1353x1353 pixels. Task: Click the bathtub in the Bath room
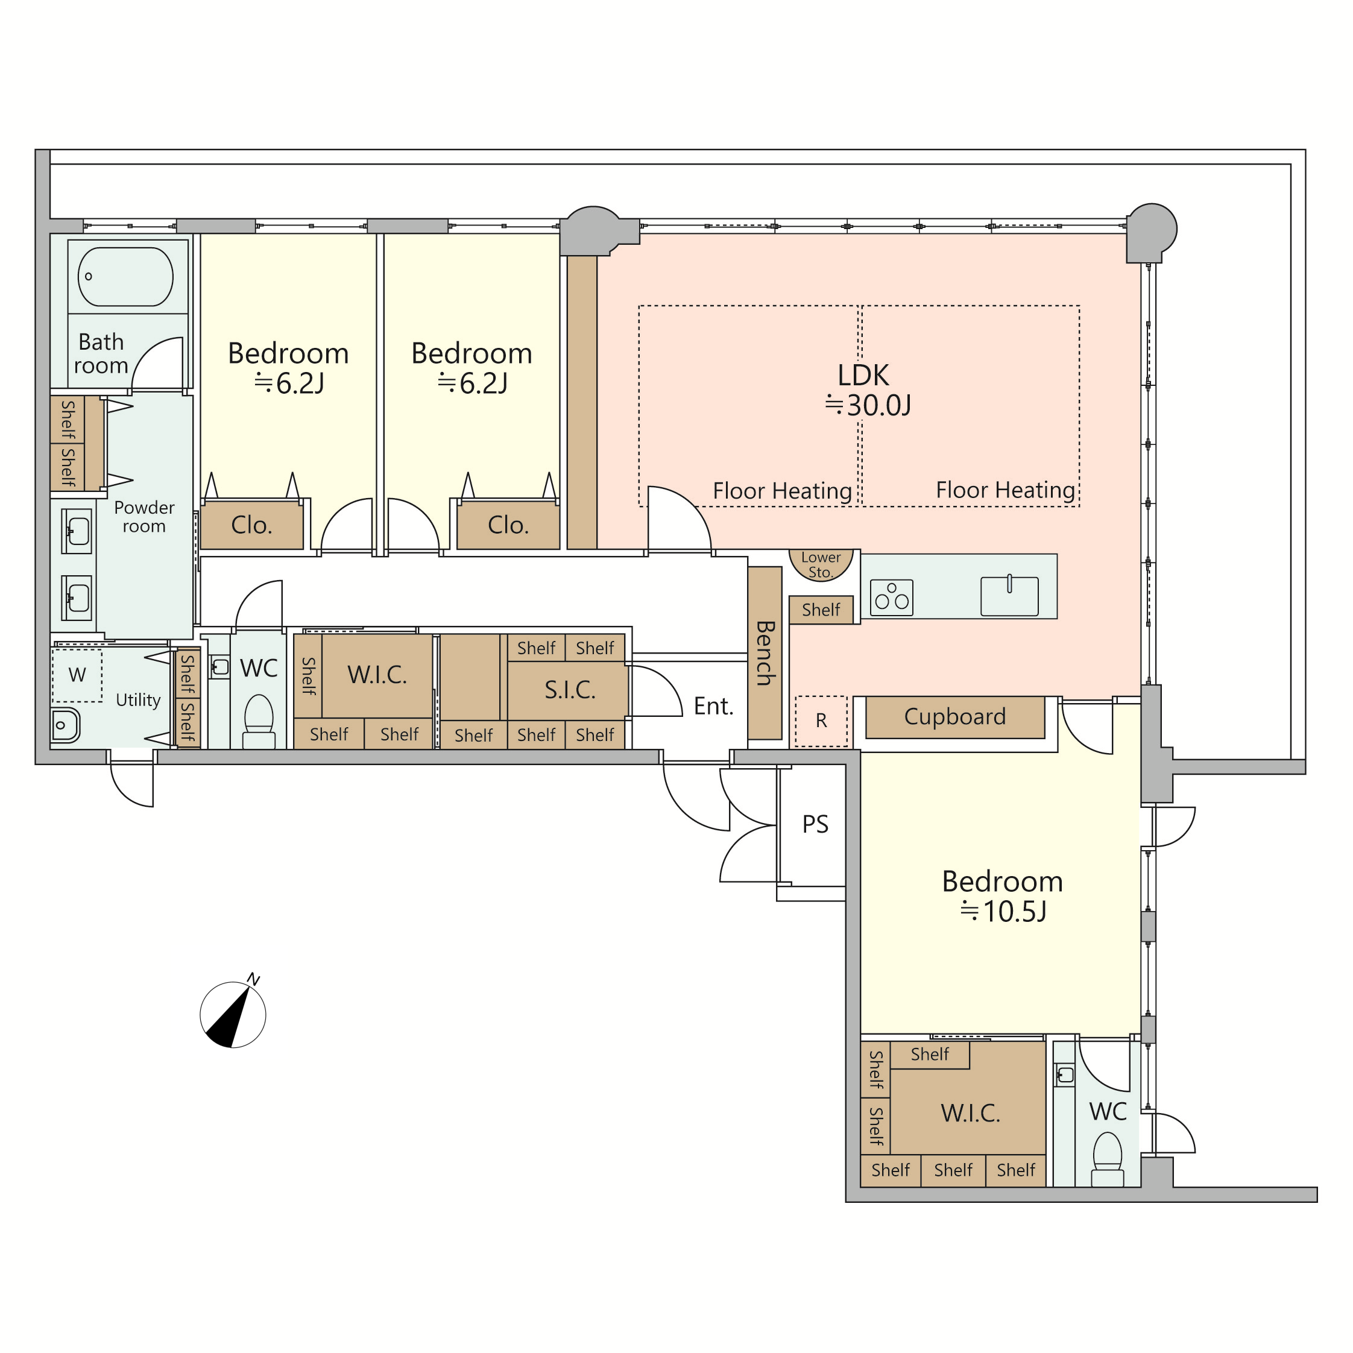[125, 276]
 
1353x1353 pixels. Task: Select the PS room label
[815, 824]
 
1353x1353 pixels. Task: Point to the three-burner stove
[892, 598]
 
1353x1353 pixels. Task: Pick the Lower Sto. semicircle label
[821, 564]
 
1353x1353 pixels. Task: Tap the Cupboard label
[954, 716]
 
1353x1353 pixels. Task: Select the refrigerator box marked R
[821, 721]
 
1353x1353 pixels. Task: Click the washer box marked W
[77, 675]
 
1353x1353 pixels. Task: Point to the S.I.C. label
[570, 690]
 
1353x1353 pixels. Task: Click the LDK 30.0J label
[868, 390]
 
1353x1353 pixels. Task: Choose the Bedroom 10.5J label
[1002, 896]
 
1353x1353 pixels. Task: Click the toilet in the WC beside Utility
[259, 721]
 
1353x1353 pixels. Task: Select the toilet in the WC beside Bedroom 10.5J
[1107, 1159]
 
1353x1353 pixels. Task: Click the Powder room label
[144, 516]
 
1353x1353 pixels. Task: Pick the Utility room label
[138, 699]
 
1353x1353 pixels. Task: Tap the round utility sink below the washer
[65, 725]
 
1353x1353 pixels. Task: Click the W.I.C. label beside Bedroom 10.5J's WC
[971, 1113]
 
